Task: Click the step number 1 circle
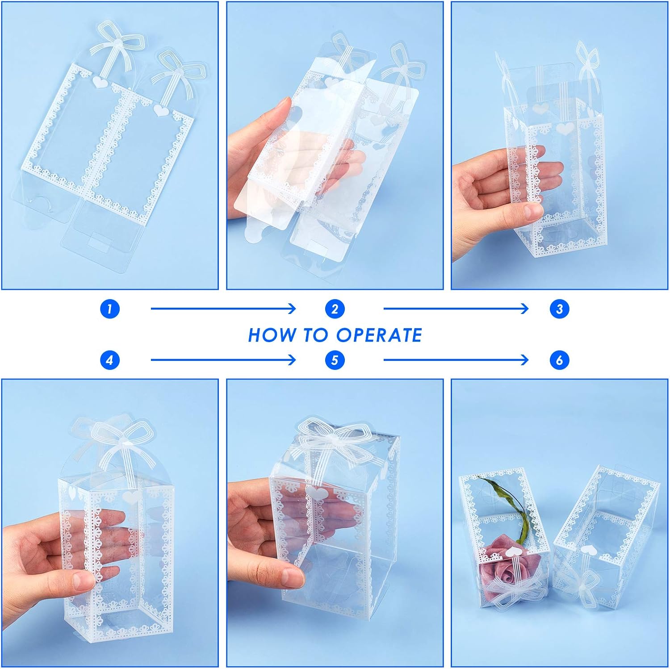click(110, 309)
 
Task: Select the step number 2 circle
click(335, 309)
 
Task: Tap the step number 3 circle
click(559, 309)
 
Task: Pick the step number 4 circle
click(110, 360)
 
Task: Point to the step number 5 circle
click(335, 360)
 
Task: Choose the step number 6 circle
click(559, 360)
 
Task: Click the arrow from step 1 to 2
click(223, 309)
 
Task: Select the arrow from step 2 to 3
click(456, 309)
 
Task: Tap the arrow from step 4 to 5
click(223, 360)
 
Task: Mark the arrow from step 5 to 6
click(456, 360)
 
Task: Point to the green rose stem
click(514, 505)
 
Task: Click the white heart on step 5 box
click(314, 493)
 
